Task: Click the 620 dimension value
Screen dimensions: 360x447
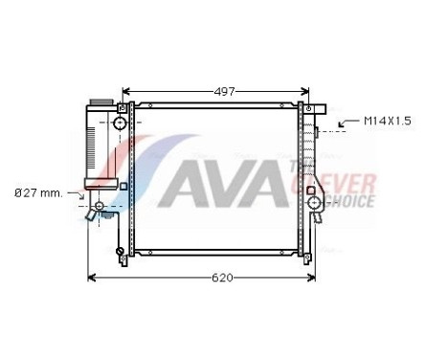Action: tap(221, 278)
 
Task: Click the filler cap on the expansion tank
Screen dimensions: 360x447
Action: tap(99, 101)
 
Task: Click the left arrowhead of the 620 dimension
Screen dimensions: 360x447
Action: tap(92, 278)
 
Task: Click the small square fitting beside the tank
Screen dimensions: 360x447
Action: tap(123, 186)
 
